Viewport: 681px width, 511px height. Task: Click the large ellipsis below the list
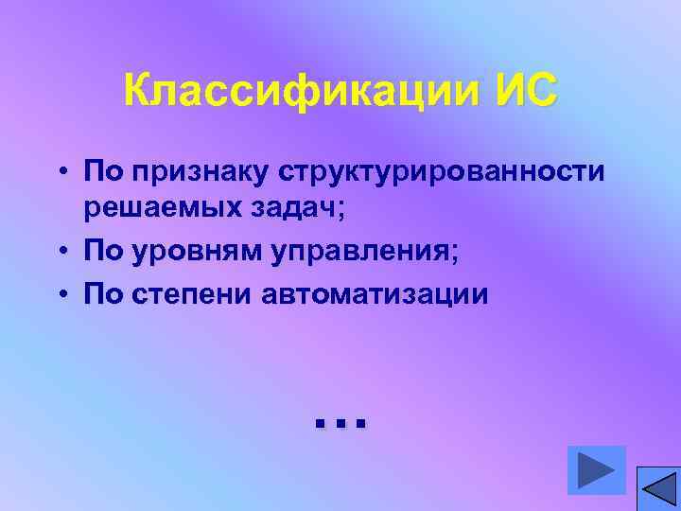click(339, 422)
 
